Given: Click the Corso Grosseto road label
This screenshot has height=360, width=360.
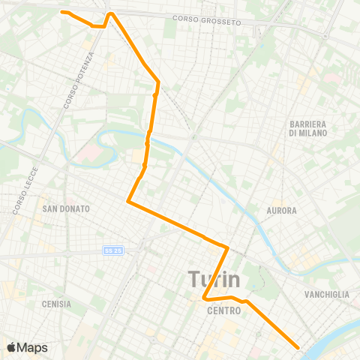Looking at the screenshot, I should (206, 21).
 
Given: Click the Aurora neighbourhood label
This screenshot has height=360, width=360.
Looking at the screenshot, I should (282, 211).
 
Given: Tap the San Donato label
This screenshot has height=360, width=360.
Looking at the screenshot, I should (66, 208).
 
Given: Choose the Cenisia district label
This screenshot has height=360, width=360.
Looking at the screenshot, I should (57, 304).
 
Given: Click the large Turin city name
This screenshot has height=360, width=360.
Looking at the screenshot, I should (214, 280).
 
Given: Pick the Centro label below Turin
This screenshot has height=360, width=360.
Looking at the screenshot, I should (223, 309).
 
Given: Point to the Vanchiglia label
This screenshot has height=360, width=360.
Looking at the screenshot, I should (328, 295).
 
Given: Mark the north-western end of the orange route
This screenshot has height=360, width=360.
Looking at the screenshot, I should (62, 12).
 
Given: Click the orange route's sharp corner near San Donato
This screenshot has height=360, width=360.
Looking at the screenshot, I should (129, 201).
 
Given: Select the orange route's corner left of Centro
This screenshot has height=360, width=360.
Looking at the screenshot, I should (204, 299).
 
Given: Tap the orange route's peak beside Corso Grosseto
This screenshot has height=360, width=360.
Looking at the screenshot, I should (111, 13).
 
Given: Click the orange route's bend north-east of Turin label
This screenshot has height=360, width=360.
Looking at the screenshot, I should (226, 247).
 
